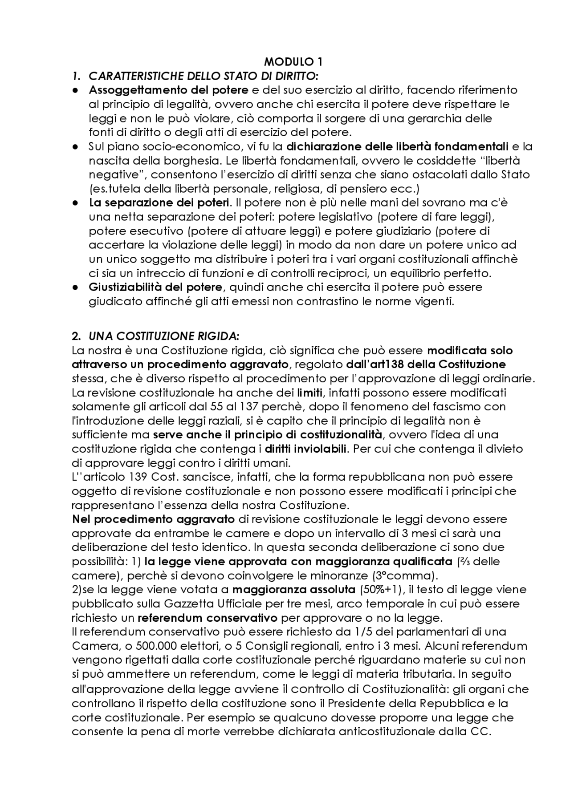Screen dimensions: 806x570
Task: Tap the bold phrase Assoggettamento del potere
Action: (x=168, y=90)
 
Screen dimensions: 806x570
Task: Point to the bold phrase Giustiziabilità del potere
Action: (x=155, y=287)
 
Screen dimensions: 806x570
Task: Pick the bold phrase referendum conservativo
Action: (x=208, y=618)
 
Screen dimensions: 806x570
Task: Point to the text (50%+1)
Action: (x=381, y=590)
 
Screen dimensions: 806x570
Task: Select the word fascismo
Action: (x=468, y=406)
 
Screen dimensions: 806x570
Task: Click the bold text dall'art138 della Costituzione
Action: (x=426, y=365)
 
